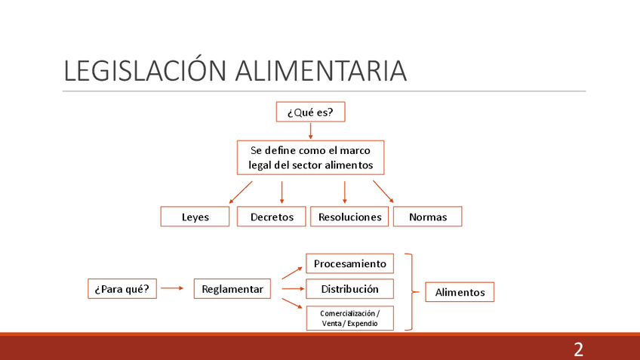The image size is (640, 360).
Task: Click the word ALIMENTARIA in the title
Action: [321, 71]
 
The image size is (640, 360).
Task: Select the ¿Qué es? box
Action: [310, 112]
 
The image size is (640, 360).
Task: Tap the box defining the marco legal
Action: [310, 158]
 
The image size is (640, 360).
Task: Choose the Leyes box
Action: [195, 217]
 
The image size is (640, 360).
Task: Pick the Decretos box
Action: [272, 217]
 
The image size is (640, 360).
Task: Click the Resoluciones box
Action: [349, 217]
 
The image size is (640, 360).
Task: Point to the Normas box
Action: [427, 217]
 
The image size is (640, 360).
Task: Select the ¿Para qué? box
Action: [122, 289]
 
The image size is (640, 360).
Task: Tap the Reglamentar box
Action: [232, 289]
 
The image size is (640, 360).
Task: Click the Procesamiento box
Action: [349, 263]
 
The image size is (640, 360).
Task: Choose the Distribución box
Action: [349, 289]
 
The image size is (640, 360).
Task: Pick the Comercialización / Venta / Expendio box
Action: [349, 318]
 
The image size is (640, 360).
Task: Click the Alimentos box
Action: [460, 292]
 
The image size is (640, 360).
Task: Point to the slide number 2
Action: [578, 349]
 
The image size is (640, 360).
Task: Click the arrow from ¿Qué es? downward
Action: [310, 131]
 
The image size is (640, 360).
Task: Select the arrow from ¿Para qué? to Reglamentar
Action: [172, 288]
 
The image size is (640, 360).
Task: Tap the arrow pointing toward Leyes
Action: [241, 192]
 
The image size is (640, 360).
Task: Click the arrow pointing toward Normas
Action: [383, 191]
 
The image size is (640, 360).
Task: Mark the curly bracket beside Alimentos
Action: [411, 291]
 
